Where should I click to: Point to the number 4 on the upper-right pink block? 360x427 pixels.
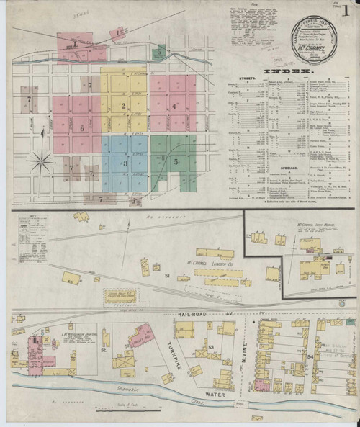[x=174, y=106]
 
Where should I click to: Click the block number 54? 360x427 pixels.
[x=310, y=358]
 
